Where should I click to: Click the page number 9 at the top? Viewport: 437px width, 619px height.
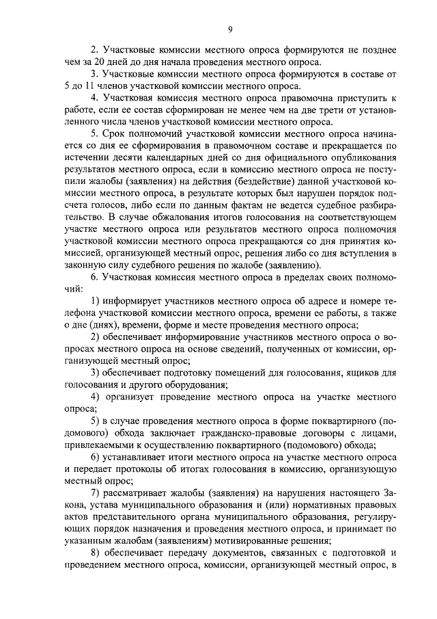coord(230,28)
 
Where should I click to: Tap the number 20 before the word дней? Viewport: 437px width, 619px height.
coord(106,62)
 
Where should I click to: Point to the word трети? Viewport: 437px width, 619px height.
coord(323,111)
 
